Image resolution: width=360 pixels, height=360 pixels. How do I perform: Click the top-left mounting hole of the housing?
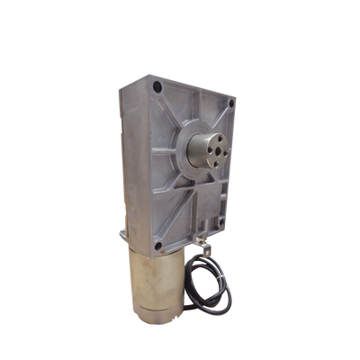[158, 87]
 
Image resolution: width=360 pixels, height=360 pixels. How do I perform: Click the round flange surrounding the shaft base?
[190, 149]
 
